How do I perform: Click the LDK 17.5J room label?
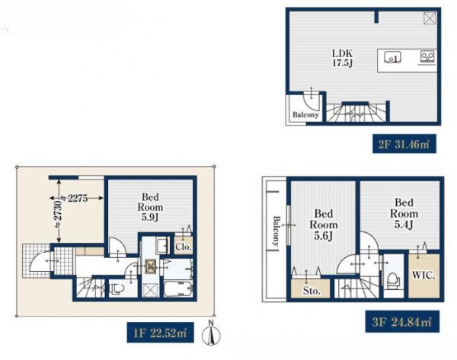coord(343,58)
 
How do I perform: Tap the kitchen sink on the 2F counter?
coord(392,56)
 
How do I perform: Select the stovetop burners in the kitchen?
coord(427,56)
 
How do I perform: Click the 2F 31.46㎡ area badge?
coord(404,144)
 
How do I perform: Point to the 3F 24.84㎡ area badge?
coord(402,321)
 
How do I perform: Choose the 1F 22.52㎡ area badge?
coord(160,333)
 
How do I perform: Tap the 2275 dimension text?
coord(78,199)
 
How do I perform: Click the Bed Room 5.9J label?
coord(150,207)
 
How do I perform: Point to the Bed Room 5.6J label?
coord(324,225)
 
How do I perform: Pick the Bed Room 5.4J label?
coord(404,214)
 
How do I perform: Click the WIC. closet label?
coord(423,276)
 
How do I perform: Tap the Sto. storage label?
coord(312,291)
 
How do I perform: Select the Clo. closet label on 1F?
coord(184,247)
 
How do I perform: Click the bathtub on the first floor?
coord(177,288)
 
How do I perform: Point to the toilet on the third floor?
coord(392,281)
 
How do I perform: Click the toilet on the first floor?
coord(118,288)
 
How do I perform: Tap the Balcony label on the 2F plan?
coord(305,114)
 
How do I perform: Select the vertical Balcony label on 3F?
coord(276,231)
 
